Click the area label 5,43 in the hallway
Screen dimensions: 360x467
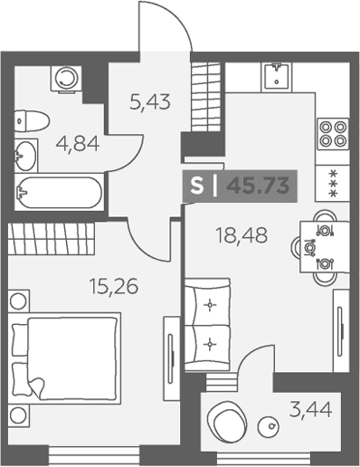click(150, 101)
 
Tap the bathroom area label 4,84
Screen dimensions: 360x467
click(78, 144)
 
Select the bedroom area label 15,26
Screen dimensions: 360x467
click(114, 286)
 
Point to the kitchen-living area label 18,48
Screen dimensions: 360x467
click(242, 235)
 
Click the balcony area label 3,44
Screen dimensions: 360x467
click(311, 409)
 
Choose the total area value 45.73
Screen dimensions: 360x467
click(258, 186)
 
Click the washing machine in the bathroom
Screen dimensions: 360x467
click(67, 79)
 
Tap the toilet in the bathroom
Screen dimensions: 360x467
click(32, 121)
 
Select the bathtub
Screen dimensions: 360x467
click(59, 192)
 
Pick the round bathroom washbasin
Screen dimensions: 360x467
click(26, 156)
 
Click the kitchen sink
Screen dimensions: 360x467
click(277, 77)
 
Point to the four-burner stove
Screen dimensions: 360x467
click(333, 134)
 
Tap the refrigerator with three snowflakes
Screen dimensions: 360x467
click(333, 183)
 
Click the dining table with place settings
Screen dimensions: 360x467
click(325, 247)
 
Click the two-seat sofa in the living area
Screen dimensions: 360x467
click(207, 325)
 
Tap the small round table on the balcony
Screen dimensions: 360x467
click(268, 427)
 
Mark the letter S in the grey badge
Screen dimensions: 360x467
click(197, 186)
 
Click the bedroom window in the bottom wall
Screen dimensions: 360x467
click(94, 454)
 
